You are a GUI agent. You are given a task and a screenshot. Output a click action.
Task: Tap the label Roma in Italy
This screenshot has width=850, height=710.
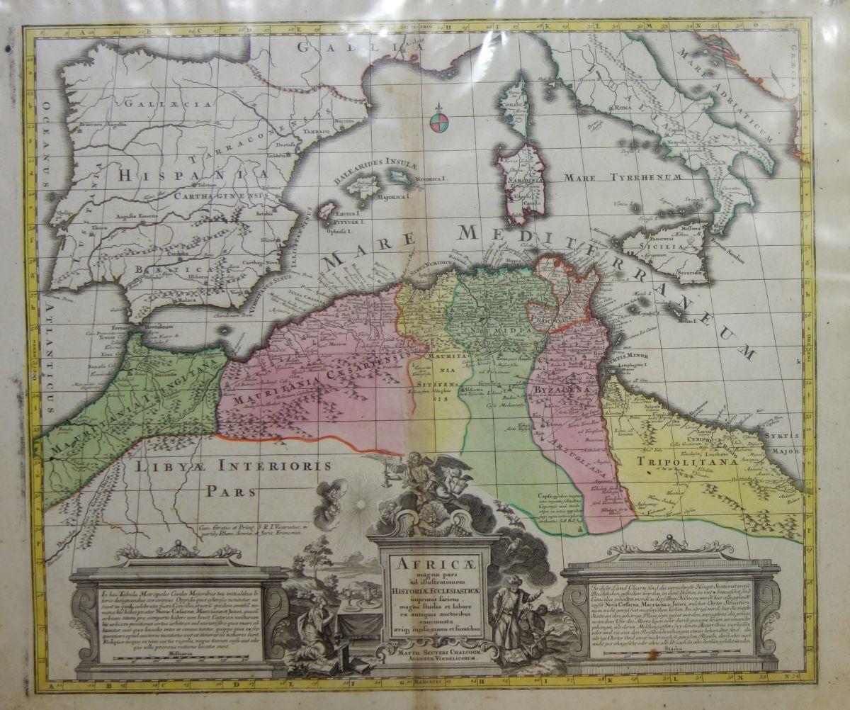coord(623,107)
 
